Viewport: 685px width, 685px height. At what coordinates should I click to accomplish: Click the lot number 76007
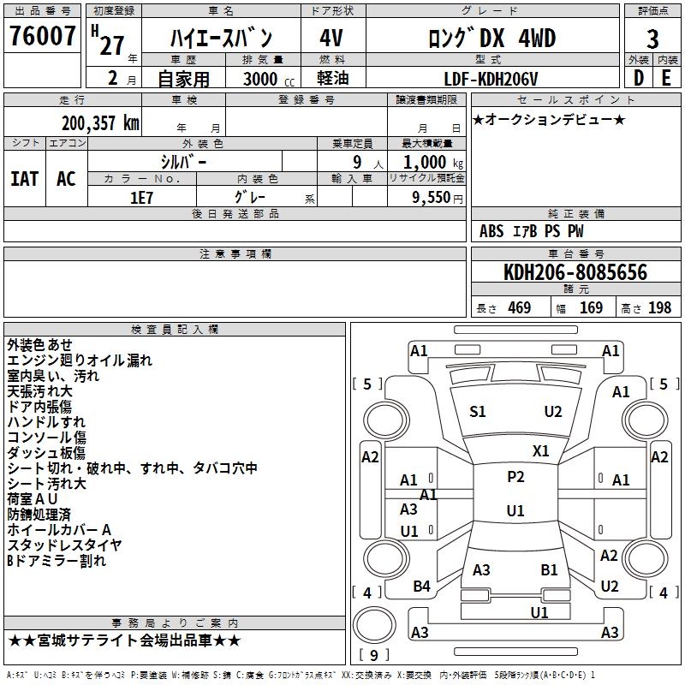click(43, 37)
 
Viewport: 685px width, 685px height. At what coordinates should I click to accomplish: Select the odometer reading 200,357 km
click(101, 122)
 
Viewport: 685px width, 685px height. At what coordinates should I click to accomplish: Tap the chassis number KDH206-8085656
click(575, 272)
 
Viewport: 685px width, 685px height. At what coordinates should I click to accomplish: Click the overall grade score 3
click(652, 39)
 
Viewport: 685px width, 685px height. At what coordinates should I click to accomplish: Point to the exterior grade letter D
click(639, 77)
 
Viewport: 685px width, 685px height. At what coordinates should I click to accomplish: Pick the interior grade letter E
click(666, 77)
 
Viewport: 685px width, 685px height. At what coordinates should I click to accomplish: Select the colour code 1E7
click(141, 196)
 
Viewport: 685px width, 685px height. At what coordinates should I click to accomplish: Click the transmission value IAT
click(24, 178)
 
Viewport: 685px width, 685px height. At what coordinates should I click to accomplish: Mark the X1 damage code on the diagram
click(541, 450)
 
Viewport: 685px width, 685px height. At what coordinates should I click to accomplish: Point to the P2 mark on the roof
click(515, 477)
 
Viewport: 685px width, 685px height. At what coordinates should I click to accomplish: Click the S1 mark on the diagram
click(478, 412)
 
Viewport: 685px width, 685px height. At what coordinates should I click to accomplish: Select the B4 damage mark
click(422, 586)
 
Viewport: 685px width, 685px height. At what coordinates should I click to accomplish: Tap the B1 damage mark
click(549, 569)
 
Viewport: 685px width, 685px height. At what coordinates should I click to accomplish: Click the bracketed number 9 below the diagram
click(374, 656)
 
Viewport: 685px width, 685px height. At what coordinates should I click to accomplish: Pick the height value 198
click(660, 308)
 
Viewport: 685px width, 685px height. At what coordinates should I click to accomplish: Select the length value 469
click(519, 308)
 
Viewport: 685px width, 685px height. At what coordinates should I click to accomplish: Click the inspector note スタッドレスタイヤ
click(65, 545)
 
